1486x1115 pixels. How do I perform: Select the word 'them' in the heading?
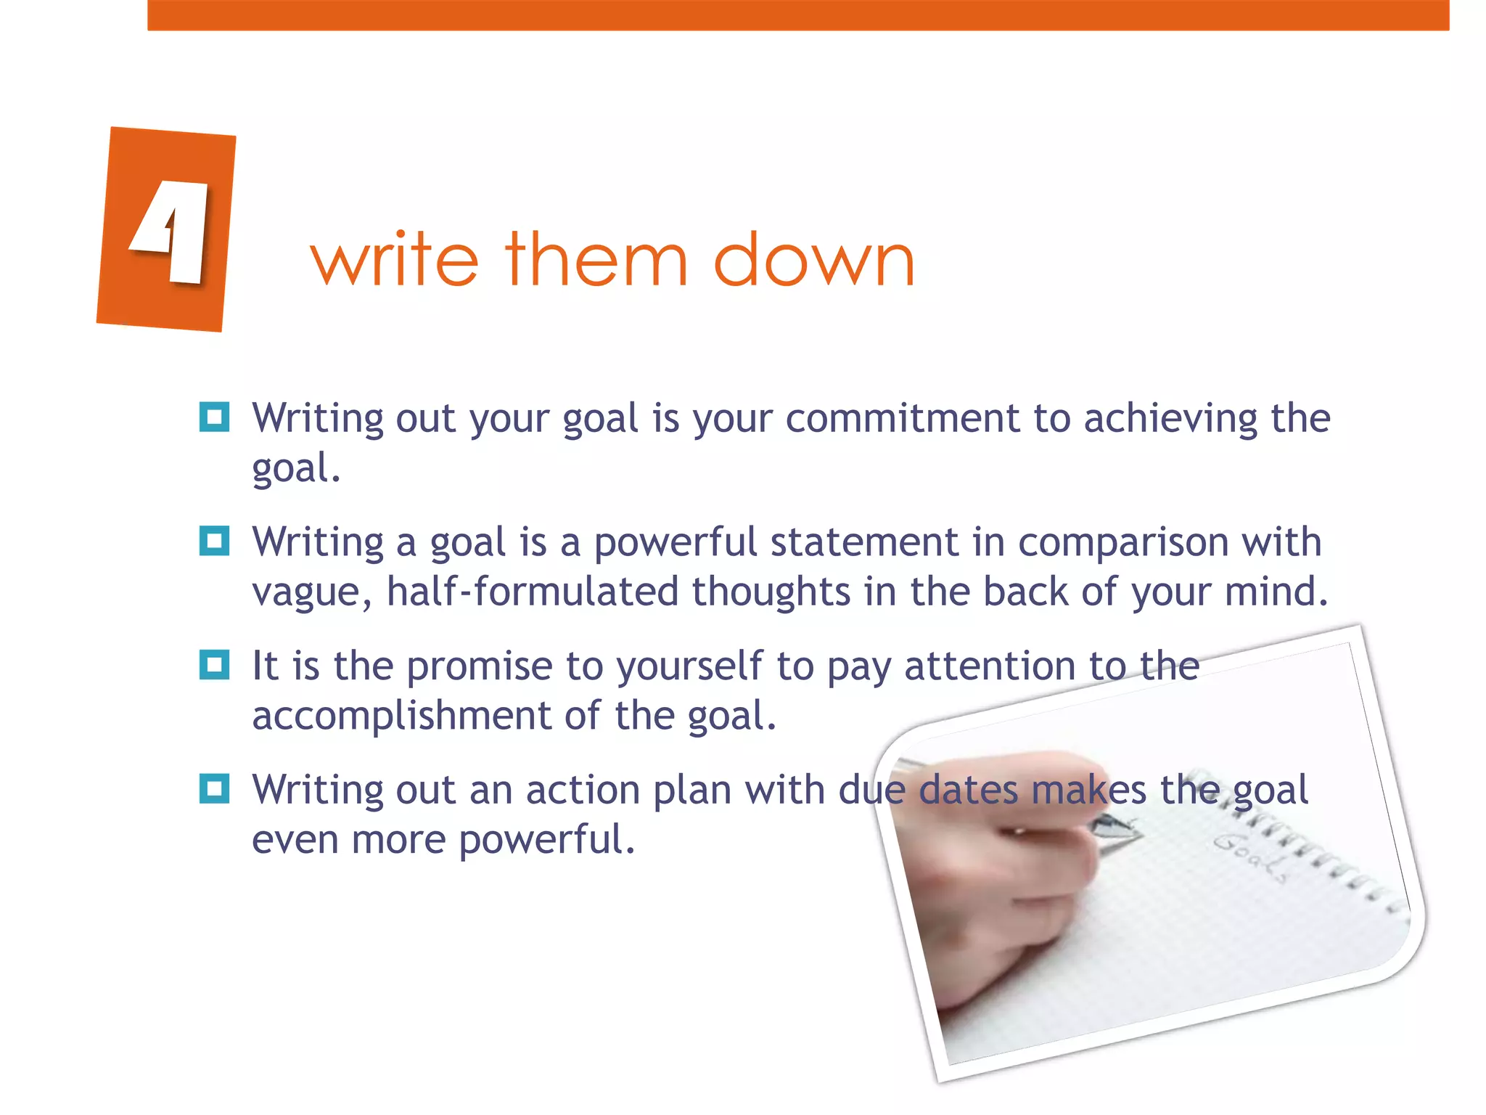click(x=596, y=259)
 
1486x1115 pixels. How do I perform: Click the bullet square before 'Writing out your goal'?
click(x=214, y=417)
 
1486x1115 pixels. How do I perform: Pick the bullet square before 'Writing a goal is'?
click(x=214, y=541)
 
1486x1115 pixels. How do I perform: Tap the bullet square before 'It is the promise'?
click(x=214, y=665)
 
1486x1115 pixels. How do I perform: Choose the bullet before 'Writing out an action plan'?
click(x=214, y=789)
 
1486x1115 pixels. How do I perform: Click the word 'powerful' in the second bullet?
click(x=675, y=542)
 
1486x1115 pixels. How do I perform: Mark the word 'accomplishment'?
click(x=402, y=716)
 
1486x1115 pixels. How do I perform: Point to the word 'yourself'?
click(x=689, y=667)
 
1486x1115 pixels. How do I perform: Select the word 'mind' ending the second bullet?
click(x=1271, y=592)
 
